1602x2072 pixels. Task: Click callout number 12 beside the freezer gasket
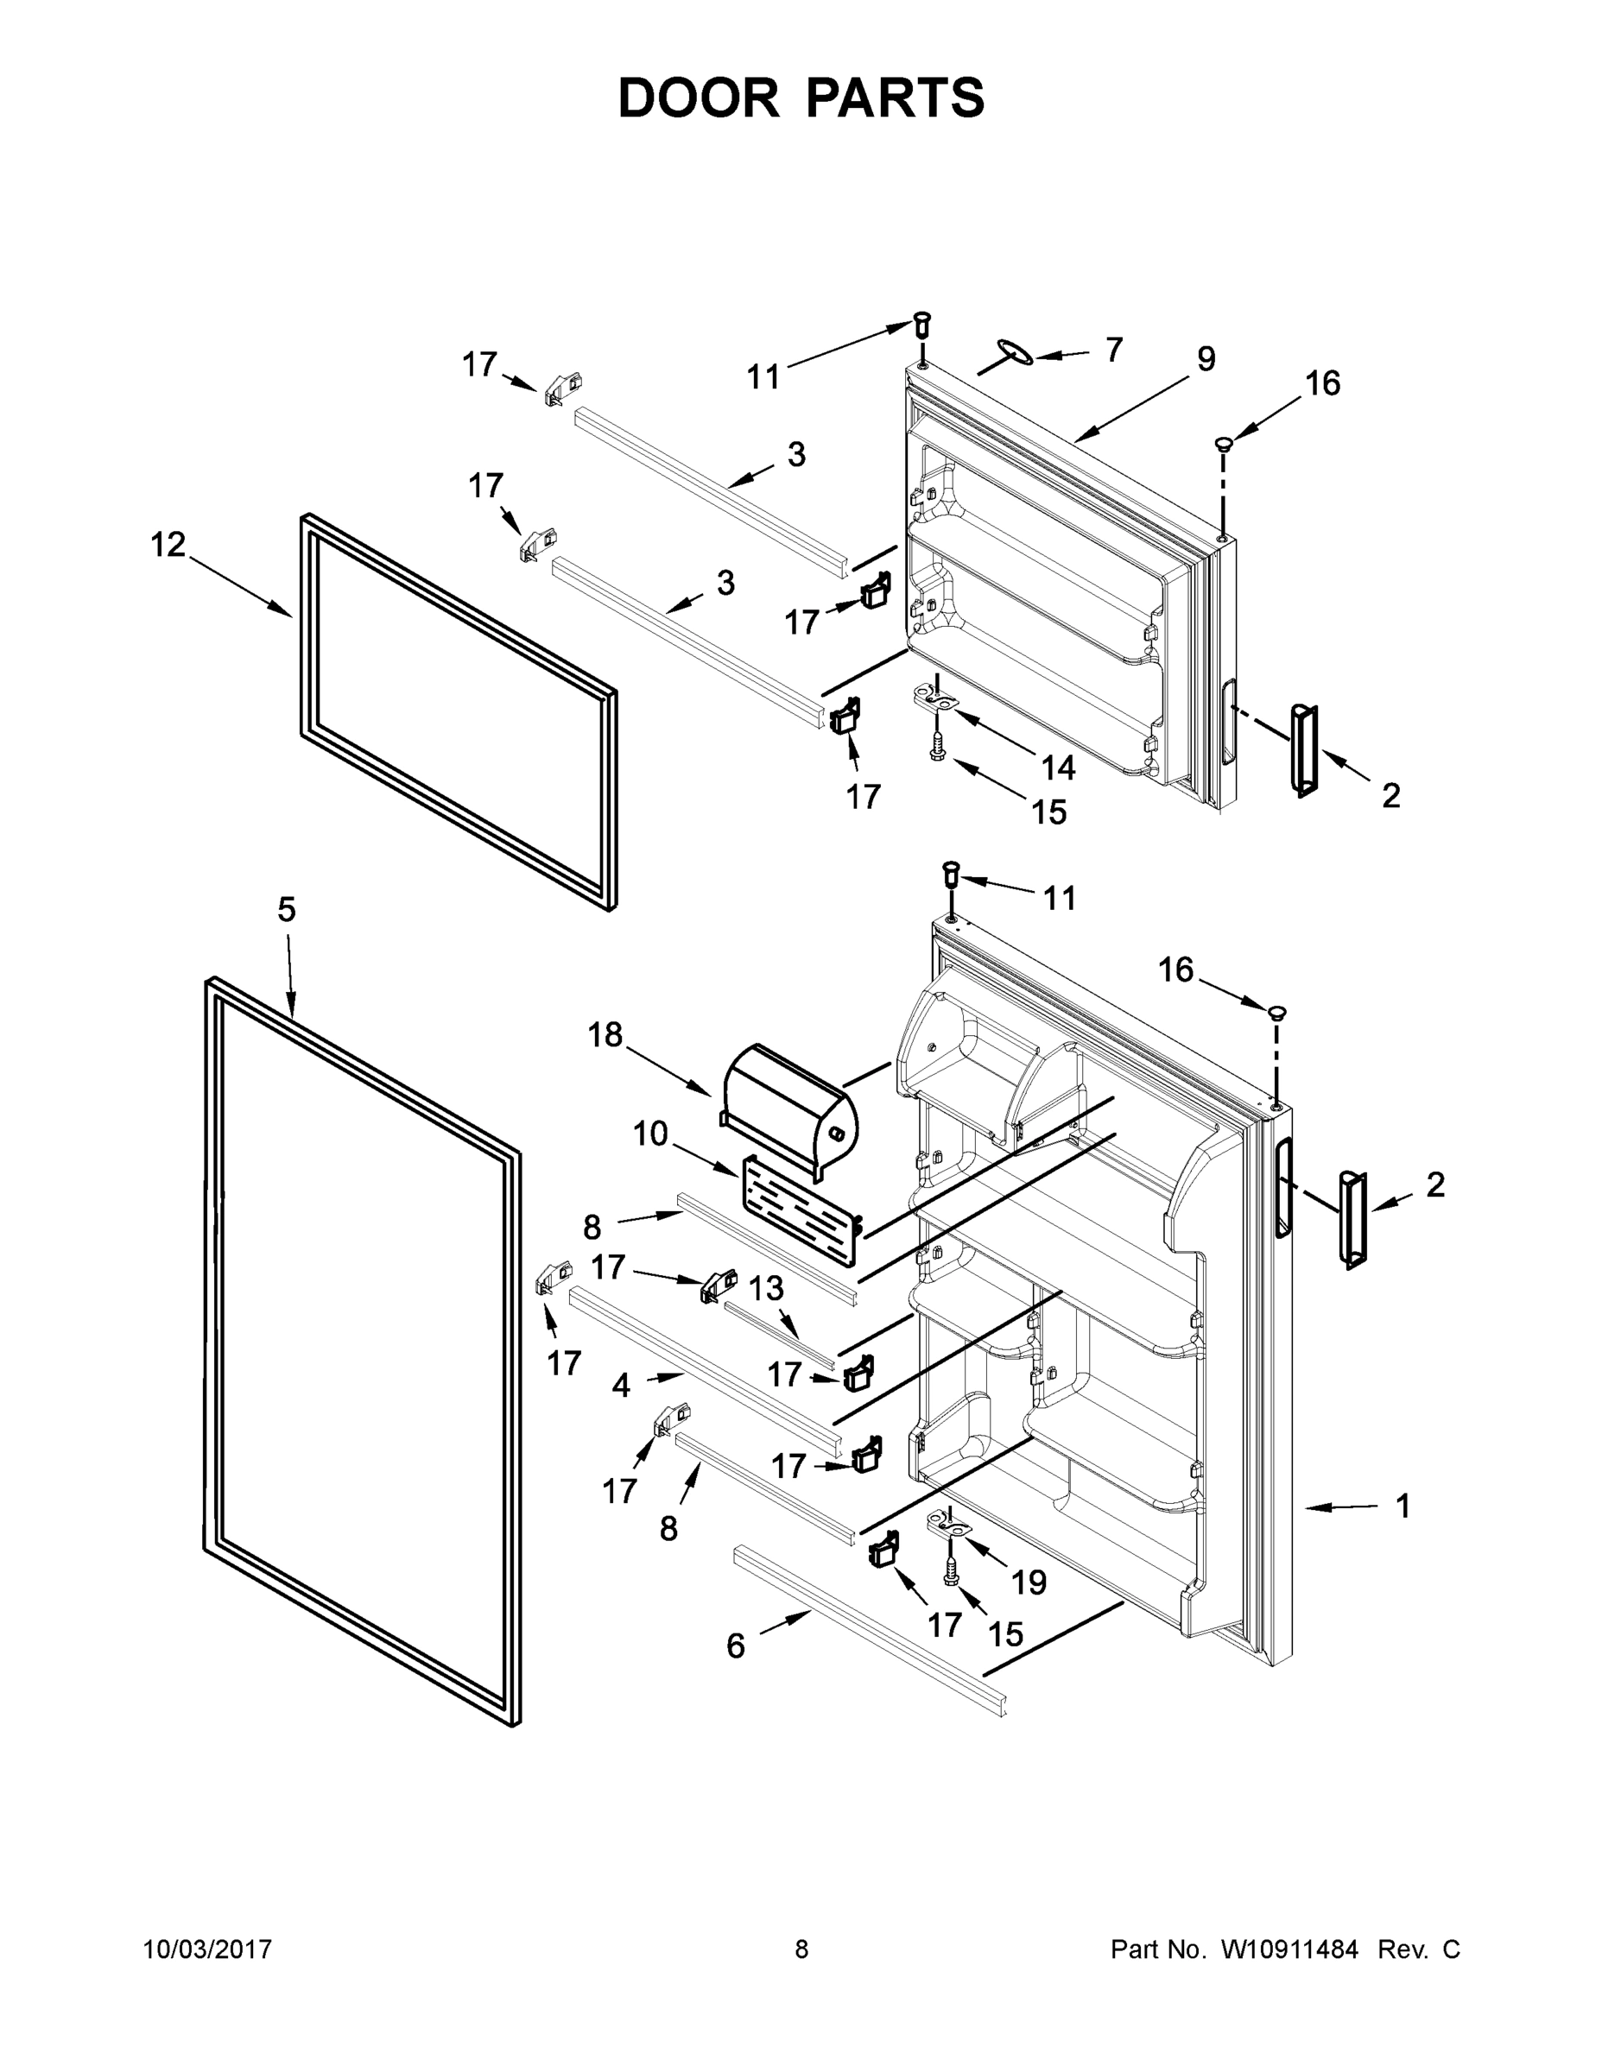169,546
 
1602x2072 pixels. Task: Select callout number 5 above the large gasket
287,910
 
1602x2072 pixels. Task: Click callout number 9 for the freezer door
1206,359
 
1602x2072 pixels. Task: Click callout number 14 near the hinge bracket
1058,768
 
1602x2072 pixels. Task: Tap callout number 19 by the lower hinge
1028,1582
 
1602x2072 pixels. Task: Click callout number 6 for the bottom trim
736,1646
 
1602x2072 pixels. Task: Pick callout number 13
766,1288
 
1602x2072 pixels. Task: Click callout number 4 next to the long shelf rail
621,1386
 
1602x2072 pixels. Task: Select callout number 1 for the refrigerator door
1402,1506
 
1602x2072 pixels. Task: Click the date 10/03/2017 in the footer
208,1949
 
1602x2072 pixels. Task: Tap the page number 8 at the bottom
801,1949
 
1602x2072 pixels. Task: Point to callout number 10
650,1134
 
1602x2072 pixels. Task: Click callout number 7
1113,349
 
